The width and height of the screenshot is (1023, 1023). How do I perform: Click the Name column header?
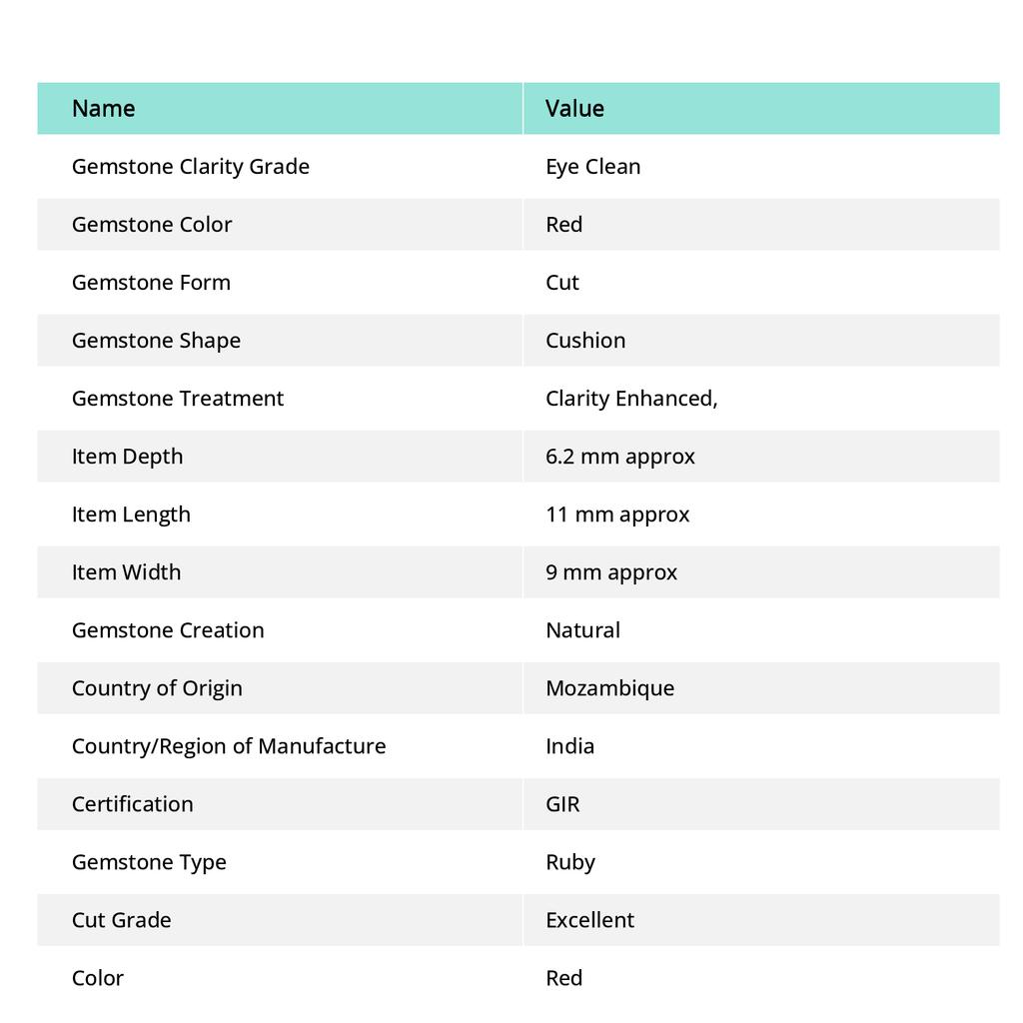103,108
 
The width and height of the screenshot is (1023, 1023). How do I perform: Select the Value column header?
574,108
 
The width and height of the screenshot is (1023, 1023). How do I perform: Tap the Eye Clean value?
592,166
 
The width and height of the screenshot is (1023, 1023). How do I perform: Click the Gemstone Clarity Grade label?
190,166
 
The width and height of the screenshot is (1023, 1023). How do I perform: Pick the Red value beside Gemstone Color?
563,224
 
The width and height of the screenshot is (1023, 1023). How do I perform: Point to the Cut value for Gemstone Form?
561,282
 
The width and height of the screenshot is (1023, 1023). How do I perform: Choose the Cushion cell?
585,340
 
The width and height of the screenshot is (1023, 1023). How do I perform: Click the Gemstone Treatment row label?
177,398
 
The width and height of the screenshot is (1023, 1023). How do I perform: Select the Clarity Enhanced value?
631,398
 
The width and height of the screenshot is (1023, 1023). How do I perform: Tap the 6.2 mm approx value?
619,456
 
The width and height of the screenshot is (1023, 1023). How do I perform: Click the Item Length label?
130,513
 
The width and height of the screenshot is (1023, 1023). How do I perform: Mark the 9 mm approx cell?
610,571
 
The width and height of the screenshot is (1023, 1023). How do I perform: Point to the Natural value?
582,629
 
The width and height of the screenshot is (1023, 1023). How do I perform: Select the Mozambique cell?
609,687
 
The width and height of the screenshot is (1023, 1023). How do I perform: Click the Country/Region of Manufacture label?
228,745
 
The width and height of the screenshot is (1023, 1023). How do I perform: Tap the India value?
569,745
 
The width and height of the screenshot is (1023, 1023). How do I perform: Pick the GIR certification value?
562,803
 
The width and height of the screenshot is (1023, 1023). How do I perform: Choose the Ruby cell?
569,861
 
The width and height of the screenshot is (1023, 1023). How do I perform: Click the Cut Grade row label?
121,919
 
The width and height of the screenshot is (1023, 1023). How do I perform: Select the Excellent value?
589,919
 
